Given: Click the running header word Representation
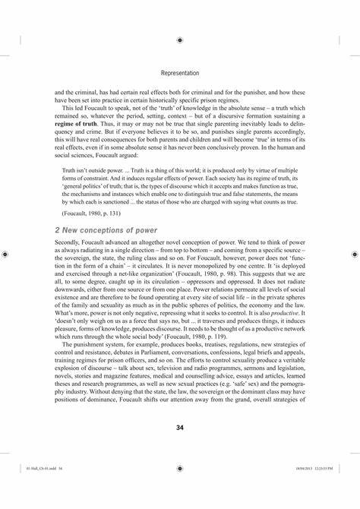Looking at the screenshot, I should [x=180, y=74].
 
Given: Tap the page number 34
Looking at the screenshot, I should [x=180, y=428].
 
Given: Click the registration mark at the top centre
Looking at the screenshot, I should [x=180, y=40].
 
